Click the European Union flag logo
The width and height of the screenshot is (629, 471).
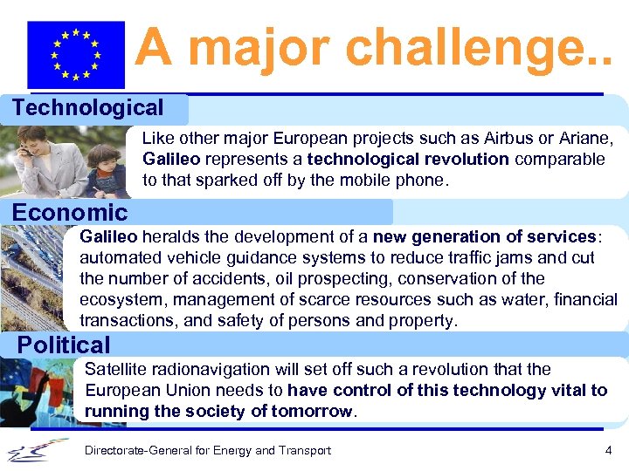click(x=76, y=54)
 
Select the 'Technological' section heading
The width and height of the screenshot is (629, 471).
click(x=87, y=108)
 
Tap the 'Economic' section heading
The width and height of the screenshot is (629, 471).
click(x=70, y=213)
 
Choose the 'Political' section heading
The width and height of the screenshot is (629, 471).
click(x=64, y=345)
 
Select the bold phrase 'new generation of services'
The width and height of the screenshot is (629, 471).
click(x=486, y=236)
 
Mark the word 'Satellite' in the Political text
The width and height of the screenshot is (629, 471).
click(x=115, y=369)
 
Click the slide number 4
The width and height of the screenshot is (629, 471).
click(x=607, y=450)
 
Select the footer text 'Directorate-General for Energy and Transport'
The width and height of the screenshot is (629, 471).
click(x=207, y=450)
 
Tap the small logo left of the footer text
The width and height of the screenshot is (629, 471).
click(x=37, y=450)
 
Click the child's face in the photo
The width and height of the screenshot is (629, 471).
click(x=106, y=162)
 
